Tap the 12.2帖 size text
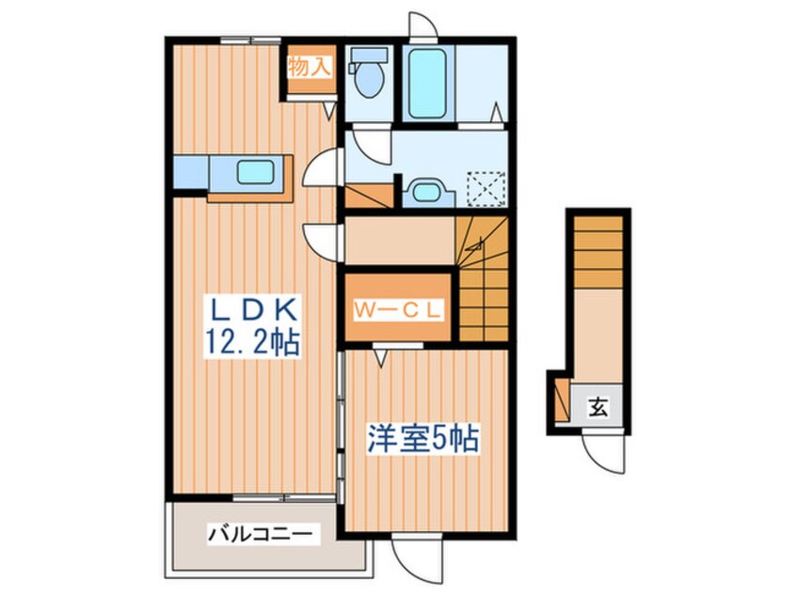[252, 341]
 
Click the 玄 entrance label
[597, 407]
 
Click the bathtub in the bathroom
[430, 81]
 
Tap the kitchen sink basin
[256, 174]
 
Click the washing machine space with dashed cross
[486, 186]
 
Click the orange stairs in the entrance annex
[597, 248]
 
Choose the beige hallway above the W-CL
[399, 241]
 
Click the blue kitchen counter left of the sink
[191, 174]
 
